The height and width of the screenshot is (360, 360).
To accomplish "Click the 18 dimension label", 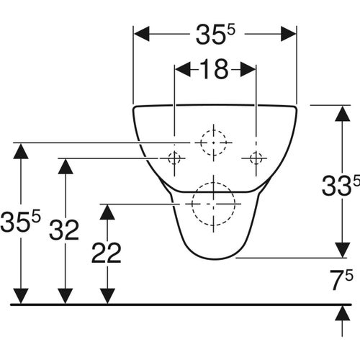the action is coord(214,70).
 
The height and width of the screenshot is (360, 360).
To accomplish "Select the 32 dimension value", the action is coord(64,230).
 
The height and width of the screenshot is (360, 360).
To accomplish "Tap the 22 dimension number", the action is coord(107,253).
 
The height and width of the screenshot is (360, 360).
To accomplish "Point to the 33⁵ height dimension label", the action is coord(341,186).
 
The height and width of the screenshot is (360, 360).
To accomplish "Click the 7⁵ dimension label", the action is coord(341,280).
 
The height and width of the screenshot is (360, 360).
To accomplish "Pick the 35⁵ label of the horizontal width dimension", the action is coord(216,35).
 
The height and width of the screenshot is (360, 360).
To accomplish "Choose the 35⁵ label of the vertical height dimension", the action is coord(20,222).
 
